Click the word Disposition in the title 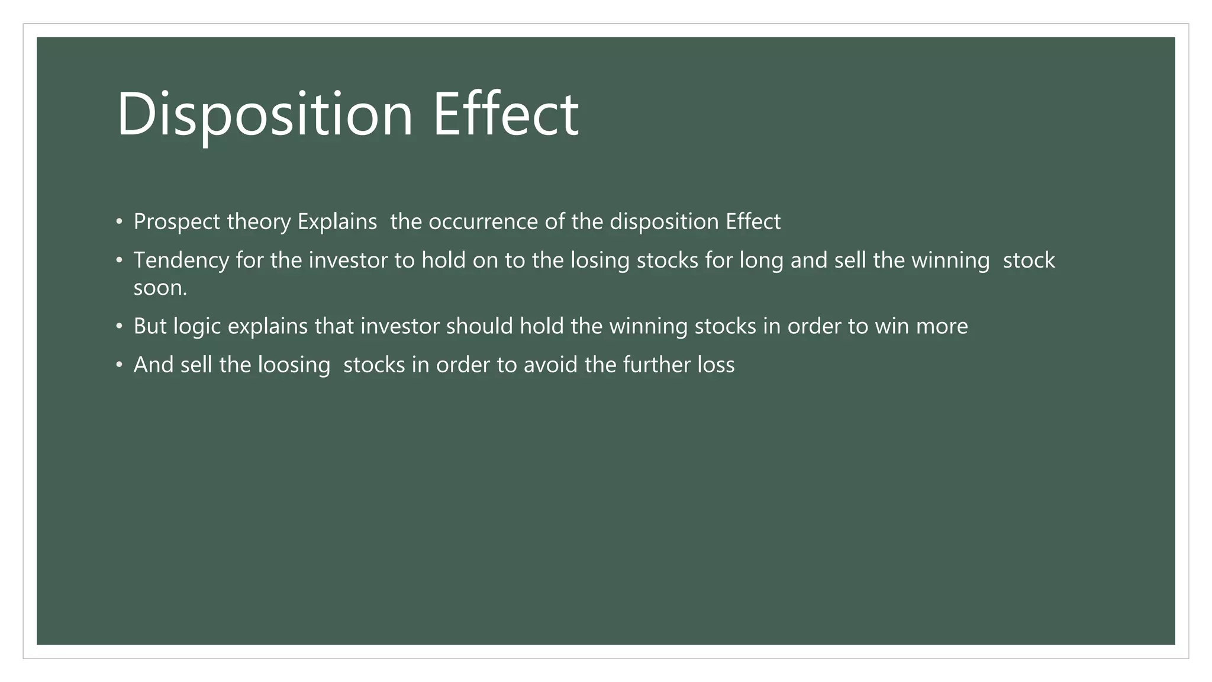(x=265, y=114)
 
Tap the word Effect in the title (x=506, y=114)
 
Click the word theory (x=259, y=222)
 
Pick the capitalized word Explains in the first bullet (x=337, y=222)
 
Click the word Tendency (x=181, y=260)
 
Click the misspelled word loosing (x=294, y=365)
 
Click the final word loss (x=715, y=365)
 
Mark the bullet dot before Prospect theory (x=120, y=223)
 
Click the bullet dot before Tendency (x=120, y=261)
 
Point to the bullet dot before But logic (x=120, y=327)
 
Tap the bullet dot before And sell (x=120, y=365)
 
